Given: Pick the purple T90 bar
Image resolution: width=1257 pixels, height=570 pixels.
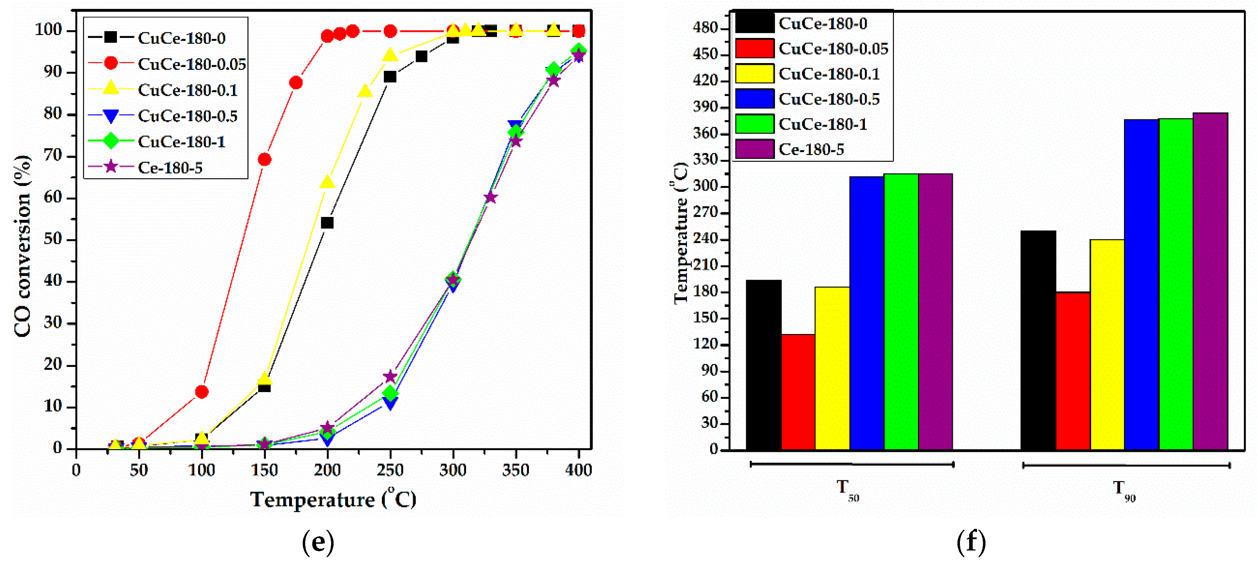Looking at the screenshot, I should pyautogui.click(x=1210, y=281).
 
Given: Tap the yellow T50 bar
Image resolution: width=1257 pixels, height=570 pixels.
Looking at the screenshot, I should pyautogui.click(x=832, y=368).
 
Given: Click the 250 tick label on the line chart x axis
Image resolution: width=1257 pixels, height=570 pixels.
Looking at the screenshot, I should pyautogui.click(x=390, y=470).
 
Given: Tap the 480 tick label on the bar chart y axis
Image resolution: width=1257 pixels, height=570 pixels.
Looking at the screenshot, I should pyautogui.click(x=705, y=28).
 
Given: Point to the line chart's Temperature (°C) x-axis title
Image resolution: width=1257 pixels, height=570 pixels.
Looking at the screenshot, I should pyautogui.click(x=333, y=499).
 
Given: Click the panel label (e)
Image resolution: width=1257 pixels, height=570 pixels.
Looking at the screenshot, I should pyautogui.click(x=318, y=542).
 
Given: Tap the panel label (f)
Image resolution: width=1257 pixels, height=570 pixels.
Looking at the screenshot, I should pyautogui.click(x=971, y=542).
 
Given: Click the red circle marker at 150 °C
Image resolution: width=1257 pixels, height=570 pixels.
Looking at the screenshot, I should pyautogui.click(x=264, y=160).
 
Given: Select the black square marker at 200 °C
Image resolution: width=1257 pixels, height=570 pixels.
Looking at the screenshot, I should pyautogui.click(x=327, y=223).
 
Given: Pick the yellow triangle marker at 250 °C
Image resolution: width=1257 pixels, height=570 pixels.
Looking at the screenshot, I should pyautogui.click(x=390, y=55).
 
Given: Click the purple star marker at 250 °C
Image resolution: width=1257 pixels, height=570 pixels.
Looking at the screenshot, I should pyautogui.click(x=390, y=376).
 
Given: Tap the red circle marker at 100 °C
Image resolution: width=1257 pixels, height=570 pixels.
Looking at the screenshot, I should pyautogui.click(x=202, y=391).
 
